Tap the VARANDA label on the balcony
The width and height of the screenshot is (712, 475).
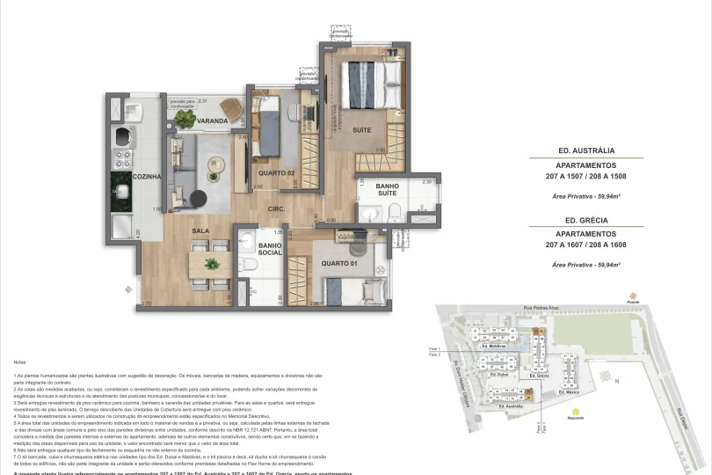point(213,121)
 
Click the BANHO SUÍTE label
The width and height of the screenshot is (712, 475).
point(388,191)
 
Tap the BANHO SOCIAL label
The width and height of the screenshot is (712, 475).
point(270,249)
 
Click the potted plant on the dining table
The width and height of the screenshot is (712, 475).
point(210,263)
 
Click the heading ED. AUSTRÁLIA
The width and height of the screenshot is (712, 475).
point(585,150)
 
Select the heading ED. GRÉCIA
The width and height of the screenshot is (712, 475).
point(585,222)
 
